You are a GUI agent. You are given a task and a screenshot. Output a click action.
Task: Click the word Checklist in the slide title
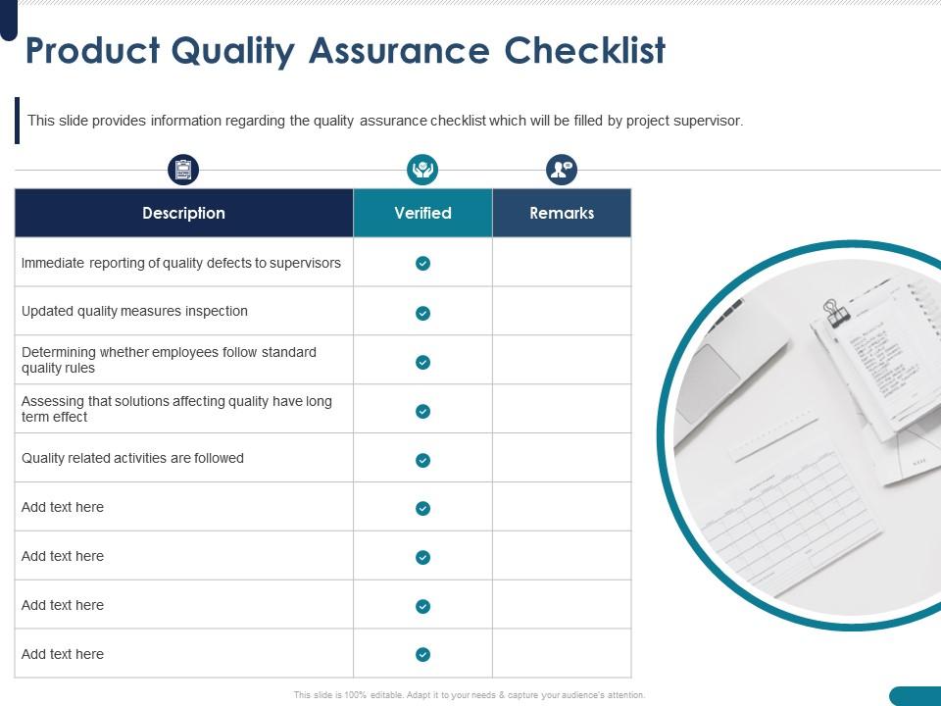[x=585, y=51]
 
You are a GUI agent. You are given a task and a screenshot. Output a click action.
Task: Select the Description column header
[x=183, y=213]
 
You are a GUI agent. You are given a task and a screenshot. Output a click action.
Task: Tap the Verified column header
[x=422, y=213]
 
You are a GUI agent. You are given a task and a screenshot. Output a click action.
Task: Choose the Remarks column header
[x=562, y=213]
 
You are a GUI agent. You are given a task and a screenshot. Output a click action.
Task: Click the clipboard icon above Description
[x=183, y=170]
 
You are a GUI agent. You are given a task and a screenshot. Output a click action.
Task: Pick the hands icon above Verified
[x=422, y=170]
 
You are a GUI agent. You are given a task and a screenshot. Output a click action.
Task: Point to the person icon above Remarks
[x=562, y=170]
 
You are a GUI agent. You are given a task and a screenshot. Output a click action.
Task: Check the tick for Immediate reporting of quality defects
[x=422, y=263]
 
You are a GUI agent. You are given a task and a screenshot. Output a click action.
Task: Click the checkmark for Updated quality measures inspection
[x=422, y=313]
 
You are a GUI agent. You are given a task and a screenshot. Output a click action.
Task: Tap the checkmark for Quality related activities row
[x=422, y=460]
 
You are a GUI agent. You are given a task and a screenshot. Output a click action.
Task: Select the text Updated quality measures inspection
[x=134, y=311]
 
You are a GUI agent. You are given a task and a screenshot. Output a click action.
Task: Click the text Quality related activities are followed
[x=132, y=458]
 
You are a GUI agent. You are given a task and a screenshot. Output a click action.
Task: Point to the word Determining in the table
[x=59, y=352]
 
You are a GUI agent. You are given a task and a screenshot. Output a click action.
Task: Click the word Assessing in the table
[x=53, y=401]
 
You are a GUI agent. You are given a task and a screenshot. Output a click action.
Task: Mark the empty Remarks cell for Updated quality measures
[x=562, y=312]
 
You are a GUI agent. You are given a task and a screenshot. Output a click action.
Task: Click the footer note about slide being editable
[x=470, y=694]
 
